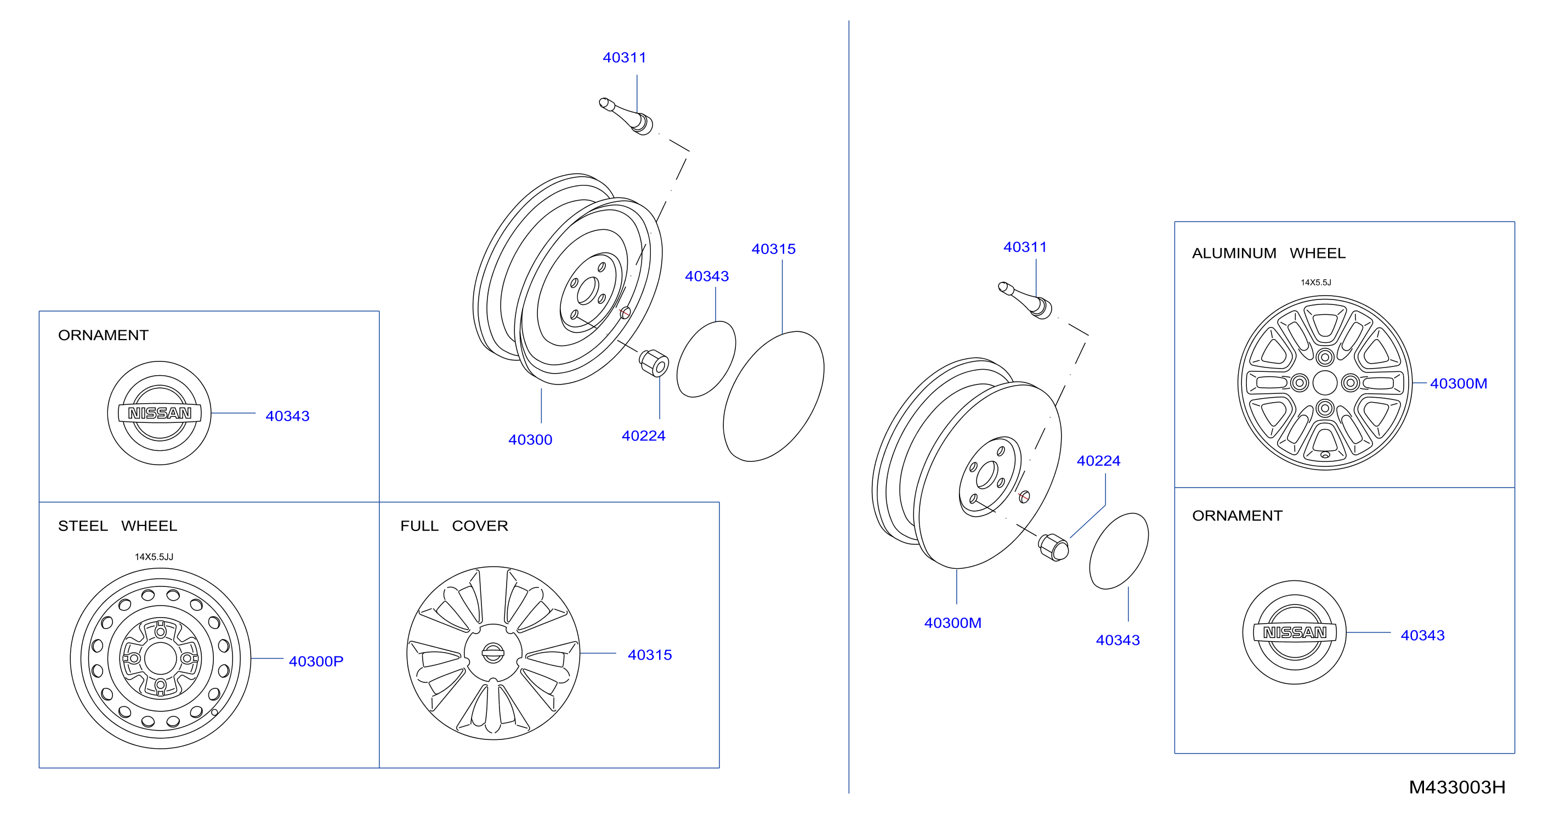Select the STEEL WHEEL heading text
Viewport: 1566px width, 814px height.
click(x=117, y=526)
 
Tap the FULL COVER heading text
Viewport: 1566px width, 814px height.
click(x=454, y=526)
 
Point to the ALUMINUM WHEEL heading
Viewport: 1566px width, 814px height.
click(x=1269, y=253)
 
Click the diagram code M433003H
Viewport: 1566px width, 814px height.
click(x=1457, y=787)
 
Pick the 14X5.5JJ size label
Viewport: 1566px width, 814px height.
click(x=154, y=557)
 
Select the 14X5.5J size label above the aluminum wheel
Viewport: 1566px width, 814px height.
click(x=1316, y=282)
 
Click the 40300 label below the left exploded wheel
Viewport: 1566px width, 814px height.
click(x=530, y=439)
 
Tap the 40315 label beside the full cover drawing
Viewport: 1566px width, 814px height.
click(x=650, y=655)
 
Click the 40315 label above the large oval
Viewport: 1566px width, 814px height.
click(x=773, y=248)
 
